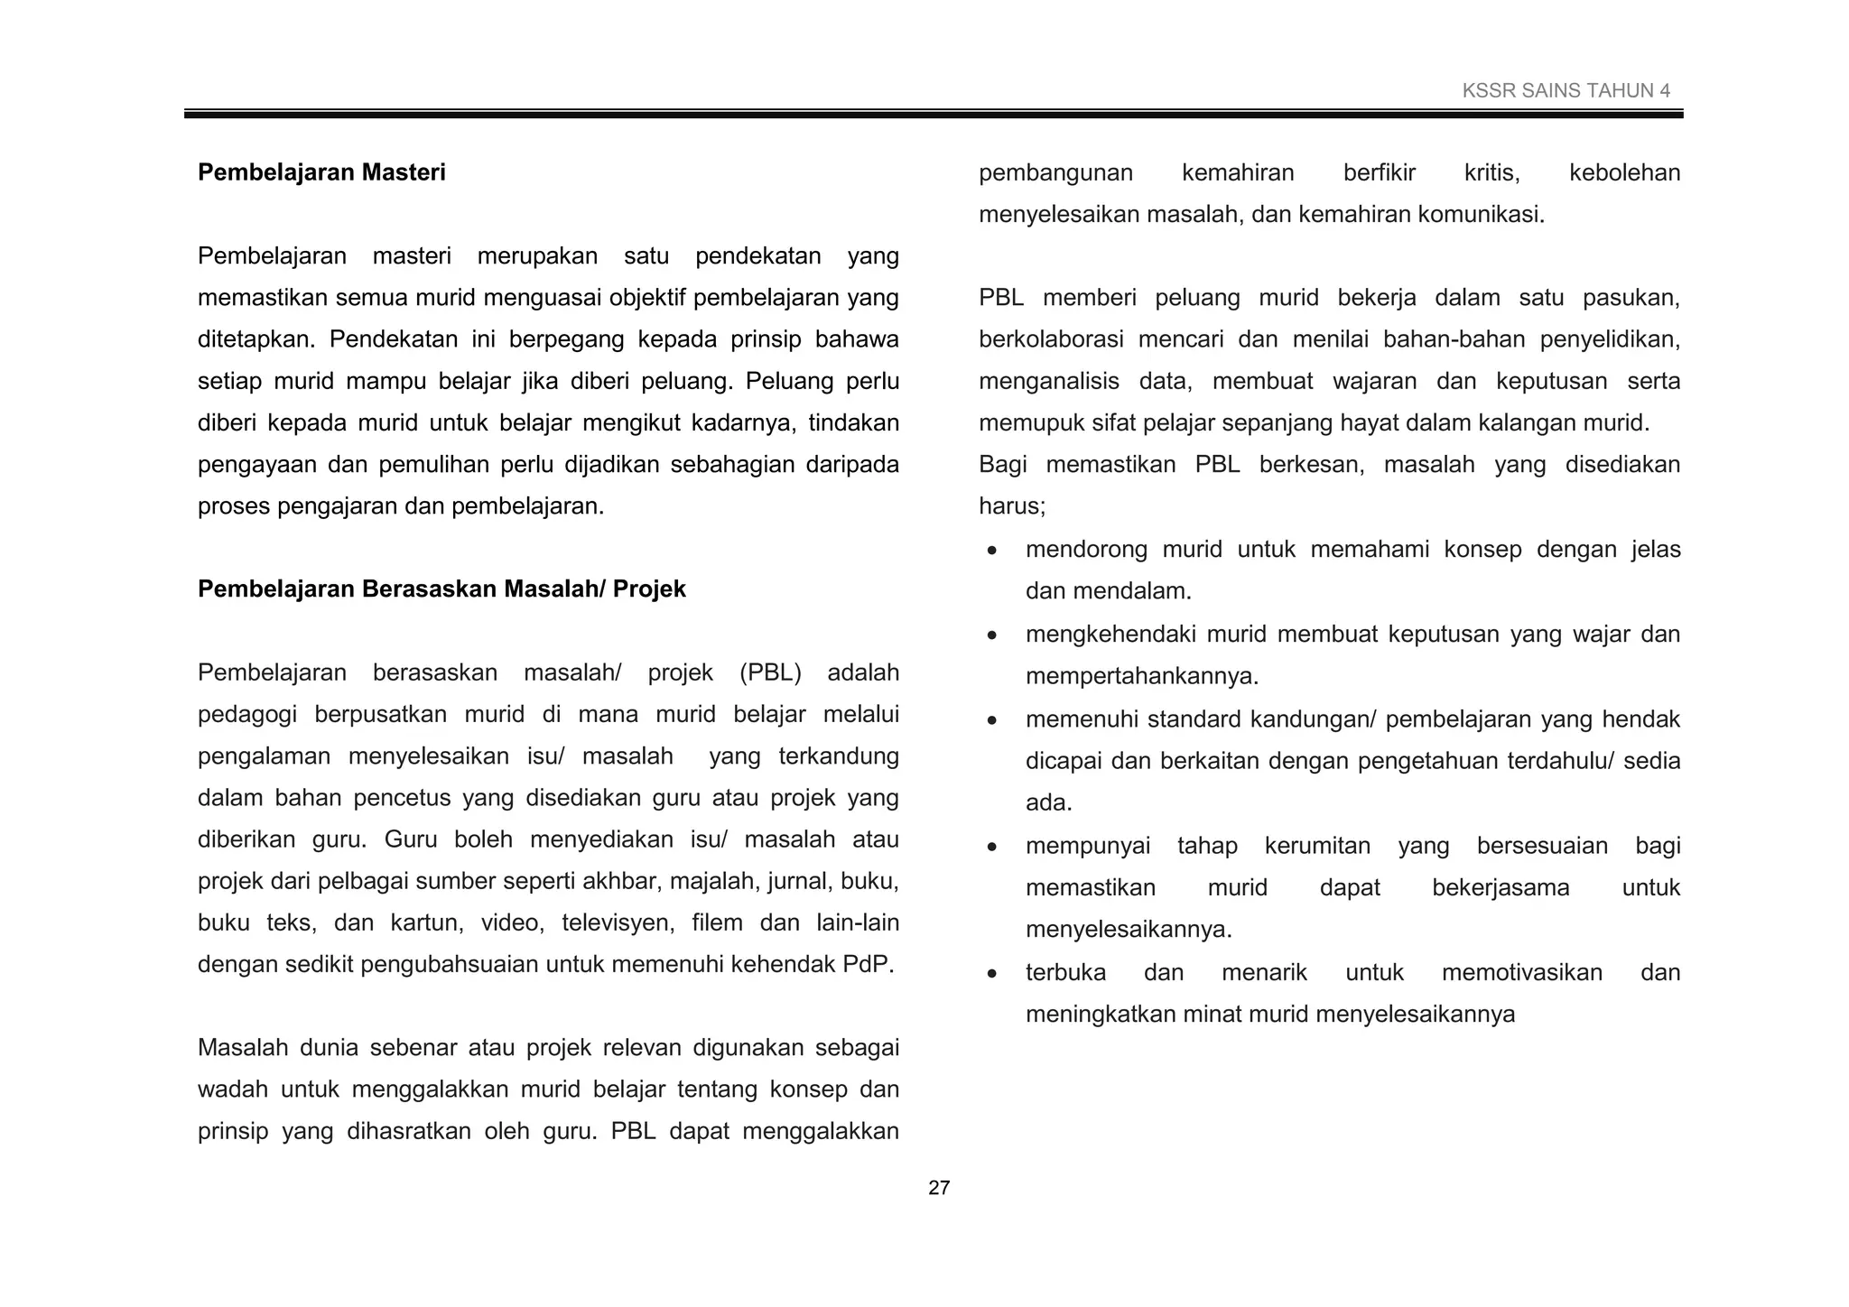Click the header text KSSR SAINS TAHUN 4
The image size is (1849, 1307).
(x=1566, y=90)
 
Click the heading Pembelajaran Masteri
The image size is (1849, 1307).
(x=321, y=172)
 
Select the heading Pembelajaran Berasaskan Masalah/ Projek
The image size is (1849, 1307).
(x=441, y=589)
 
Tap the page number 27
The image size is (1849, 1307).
(x=939, y=1188)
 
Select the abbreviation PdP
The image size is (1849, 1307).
(x=867, y=964)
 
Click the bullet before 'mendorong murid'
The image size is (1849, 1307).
(x=992, y=551)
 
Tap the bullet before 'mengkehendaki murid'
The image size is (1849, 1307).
(x=992, y=635)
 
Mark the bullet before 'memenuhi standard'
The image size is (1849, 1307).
(x=992, y=720)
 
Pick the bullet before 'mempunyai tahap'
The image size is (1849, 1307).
(x=992, y=847)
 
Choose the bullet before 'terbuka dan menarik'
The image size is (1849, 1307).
(x=992, y=973)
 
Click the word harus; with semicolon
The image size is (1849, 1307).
(x=1012, y=506)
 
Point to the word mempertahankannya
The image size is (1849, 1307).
(x=1141, y=676)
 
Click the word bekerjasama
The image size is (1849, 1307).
(x=1501, y=887)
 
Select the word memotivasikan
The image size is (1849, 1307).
(x=1521, y=972)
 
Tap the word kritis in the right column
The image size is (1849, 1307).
(x=1491, y=172)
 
